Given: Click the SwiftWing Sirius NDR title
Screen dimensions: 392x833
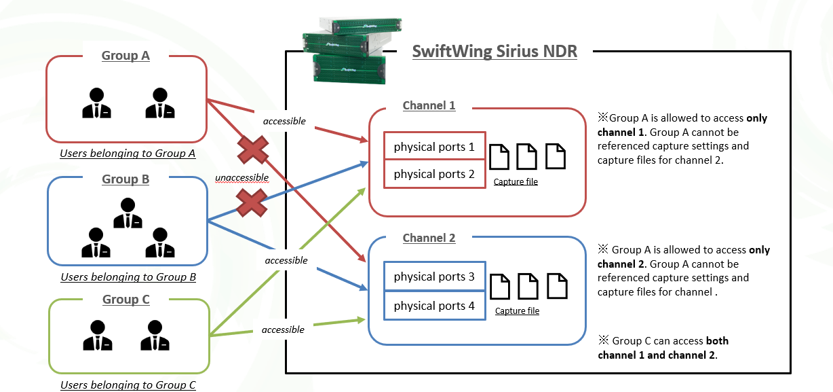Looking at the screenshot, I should point(495,52).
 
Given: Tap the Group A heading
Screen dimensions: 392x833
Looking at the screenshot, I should point(125,56).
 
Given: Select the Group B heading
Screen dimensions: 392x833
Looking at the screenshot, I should point(125,179).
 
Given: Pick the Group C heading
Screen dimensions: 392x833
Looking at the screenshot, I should point(125,300).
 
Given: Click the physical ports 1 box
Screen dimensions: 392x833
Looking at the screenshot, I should point(434,147).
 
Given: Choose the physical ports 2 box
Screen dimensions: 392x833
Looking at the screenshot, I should point(434,174).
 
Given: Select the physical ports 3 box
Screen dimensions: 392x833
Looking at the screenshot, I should point(434,277).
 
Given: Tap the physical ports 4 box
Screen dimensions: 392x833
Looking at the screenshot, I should point(434,306).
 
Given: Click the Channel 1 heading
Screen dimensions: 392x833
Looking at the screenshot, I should point(429,105).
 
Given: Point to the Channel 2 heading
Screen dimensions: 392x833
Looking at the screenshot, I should point(429,238).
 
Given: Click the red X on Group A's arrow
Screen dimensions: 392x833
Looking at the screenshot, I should point(253,149).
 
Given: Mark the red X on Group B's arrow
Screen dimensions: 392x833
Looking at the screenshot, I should point(250,202).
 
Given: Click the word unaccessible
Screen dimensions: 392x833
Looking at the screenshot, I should point(241,178).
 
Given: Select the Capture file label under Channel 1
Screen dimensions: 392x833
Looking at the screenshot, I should point(516,182).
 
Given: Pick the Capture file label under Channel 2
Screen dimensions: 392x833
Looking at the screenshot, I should point(517,311).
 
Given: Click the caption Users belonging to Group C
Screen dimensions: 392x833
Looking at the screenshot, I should point(128,385).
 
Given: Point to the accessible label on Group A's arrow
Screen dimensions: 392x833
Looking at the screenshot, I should point(284,122).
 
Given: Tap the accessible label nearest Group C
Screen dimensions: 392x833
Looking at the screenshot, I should point(283,330).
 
